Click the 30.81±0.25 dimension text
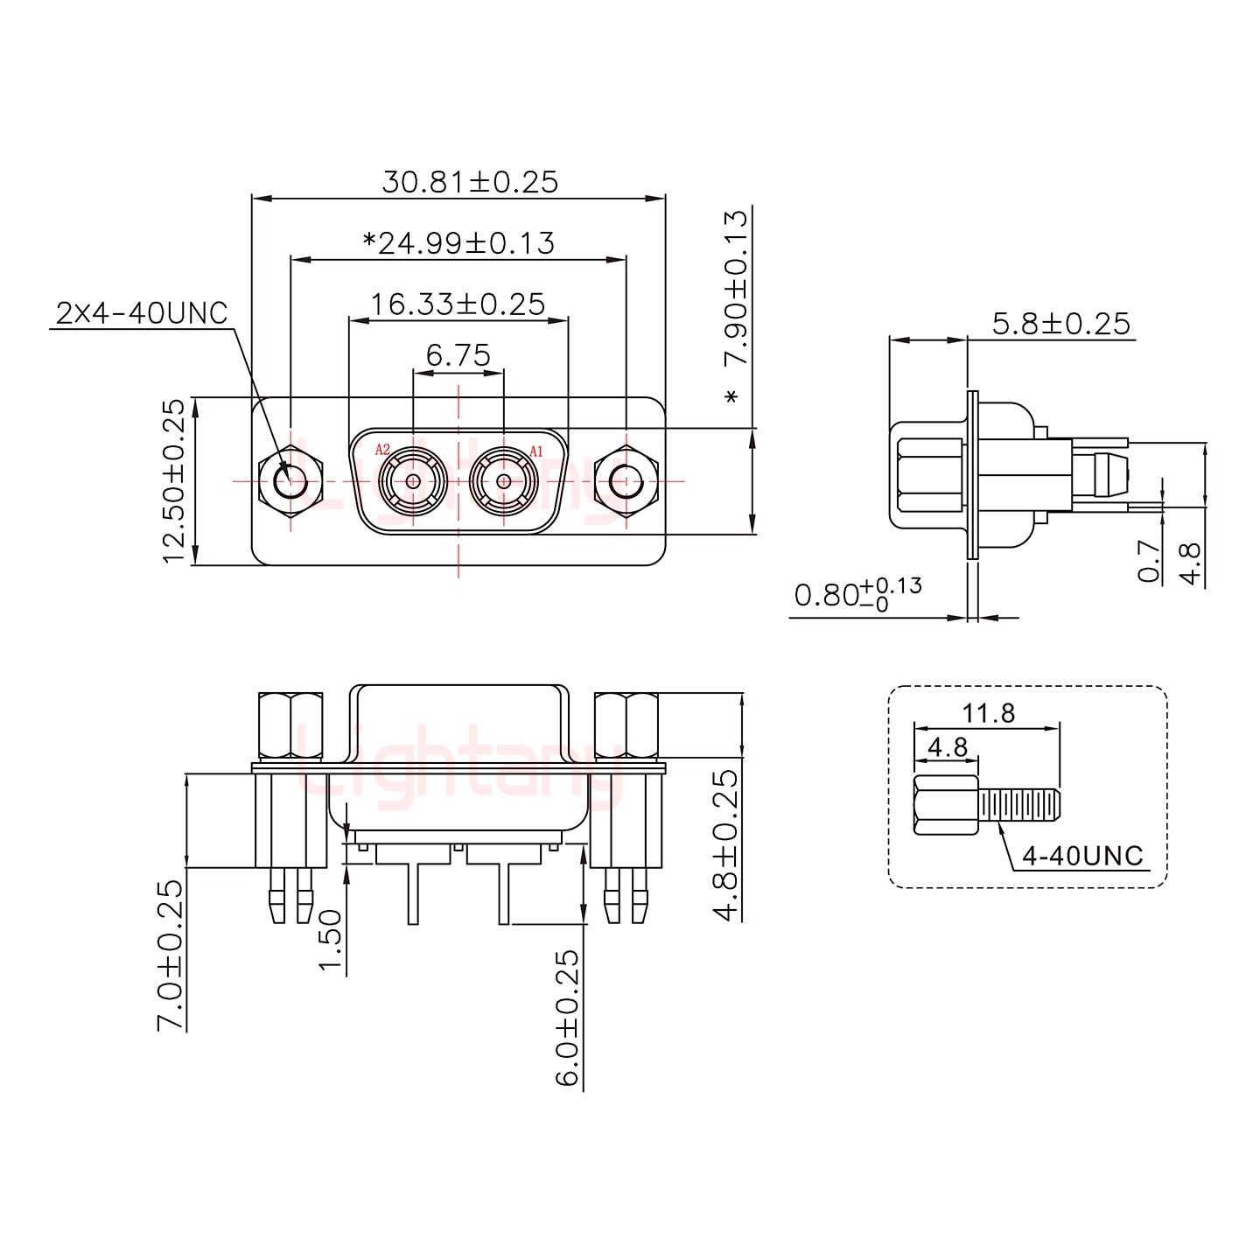point(470,181)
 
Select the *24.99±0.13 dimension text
point(458,242)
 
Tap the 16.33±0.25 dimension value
point(458,304)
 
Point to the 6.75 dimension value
point(458,355)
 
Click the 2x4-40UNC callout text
point(142,312)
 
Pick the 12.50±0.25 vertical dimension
point(175,480)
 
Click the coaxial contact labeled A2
point(412,480)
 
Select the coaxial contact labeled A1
point(503,480)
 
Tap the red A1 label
point(536,451)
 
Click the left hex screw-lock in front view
point(290,480)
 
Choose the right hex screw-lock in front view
point(625,480)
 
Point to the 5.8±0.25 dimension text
point(1061,324)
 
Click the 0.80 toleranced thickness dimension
point(857,595)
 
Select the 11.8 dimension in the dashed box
point(989,713)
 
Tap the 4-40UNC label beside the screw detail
point(1082,855)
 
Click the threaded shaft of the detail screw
point(1019,805)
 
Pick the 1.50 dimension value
point(330,940)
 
